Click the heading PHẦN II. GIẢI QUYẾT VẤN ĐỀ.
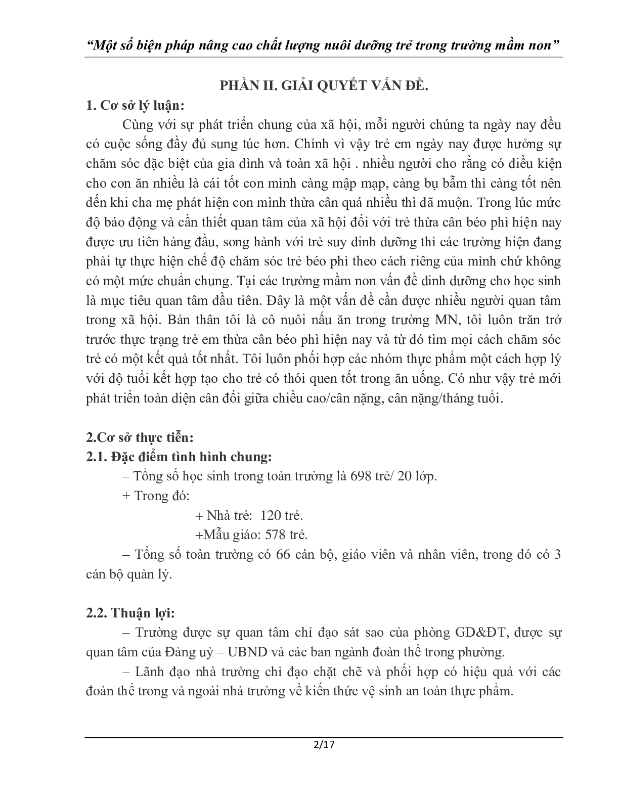coord(324,86)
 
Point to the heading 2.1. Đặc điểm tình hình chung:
coord(180,457)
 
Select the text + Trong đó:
coord(156,496)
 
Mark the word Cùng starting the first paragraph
coord(136,125)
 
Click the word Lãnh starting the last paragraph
coord(149,672)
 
